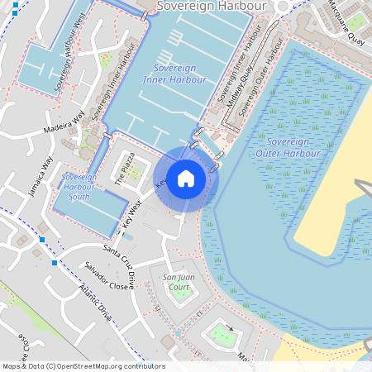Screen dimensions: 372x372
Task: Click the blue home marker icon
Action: (x=186, y=179)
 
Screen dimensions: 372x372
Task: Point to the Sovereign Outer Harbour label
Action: (x=288, y=147)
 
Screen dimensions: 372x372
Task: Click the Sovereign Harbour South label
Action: (x=79, y=187)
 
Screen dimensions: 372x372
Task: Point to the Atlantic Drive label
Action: (x=95, y=303)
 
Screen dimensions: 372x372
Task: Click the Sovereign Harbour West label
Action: (x=68, y=63)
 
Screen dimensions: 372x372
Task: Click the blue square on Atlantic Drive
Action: (x=55, y=263)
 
